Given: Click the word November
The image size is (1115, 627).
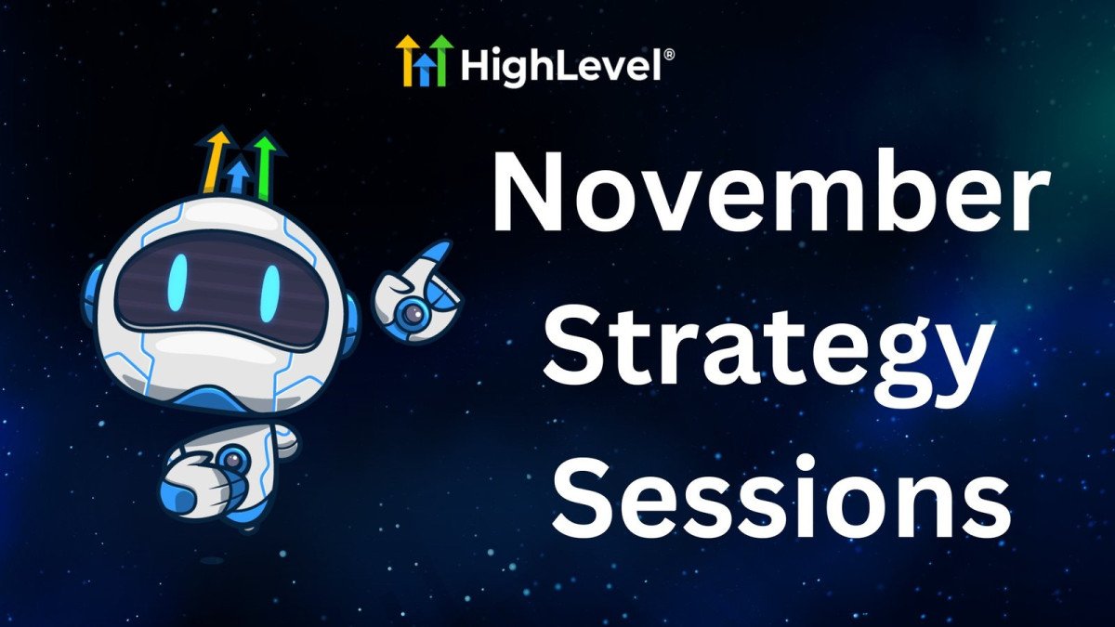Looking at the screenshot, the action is pyautogui.click(x=770, y=191).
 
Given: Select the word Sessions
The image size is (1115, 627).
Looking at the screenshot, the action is pyautogui.click(x=781, y=498).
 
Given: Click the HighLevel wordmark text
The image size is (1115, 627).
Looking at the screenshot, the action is pyautogui.click(x=561, y=66).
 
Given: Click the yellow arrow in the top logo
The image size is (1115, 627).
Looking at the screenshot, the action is pyautogui.click(x=408, y=60).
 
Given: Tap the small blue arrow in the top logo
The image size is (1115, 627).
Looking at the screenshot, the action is pyautogui.click(x=424, y=71).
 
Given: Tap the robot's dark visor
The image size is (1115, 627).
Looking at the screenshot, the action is pyautogui.click(x=221, y=288).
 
